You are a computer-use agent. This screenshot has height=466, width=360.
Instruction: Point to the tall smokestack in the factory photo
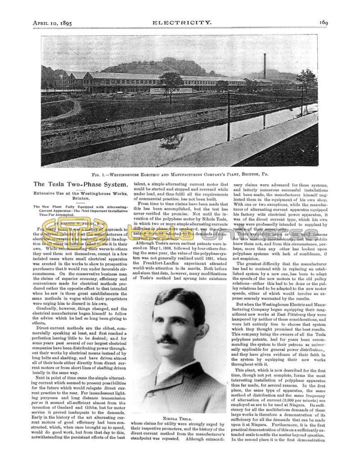265,66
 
